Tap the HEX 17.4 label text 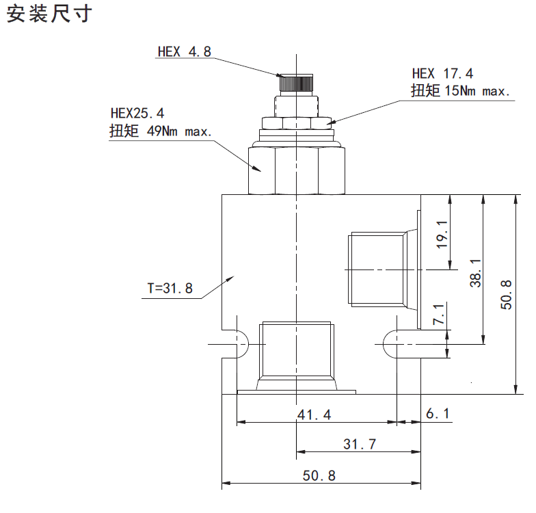click(442, 74)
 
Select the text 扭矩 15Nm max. click(460, 91)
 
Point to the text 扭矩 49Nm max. click(161, 131)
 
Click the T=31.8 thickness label click(170, 289)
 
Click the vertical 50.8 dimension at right click(506, 295)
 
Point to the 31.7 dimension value click(360, 444)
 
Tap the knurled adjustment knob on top click(295, 84)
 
